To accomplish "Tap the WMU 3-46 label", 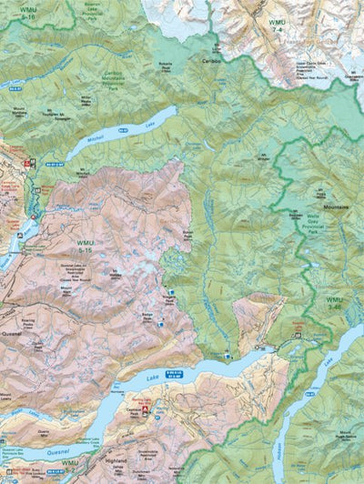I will pos(335,304).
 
